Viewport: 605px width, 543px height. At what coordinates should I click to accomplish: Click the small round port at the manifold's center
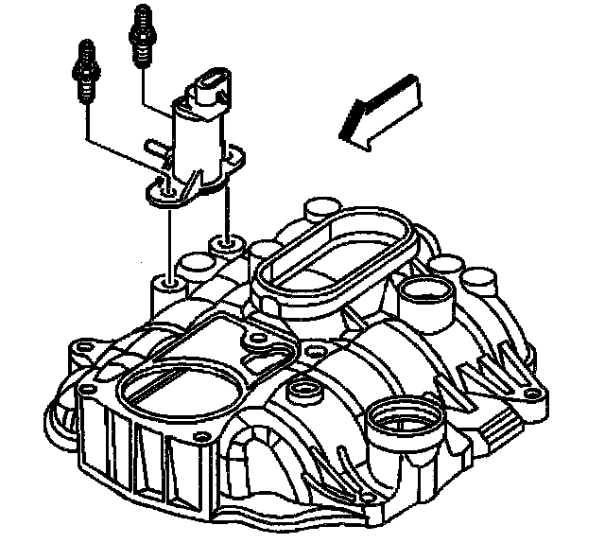coord(303,390)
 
